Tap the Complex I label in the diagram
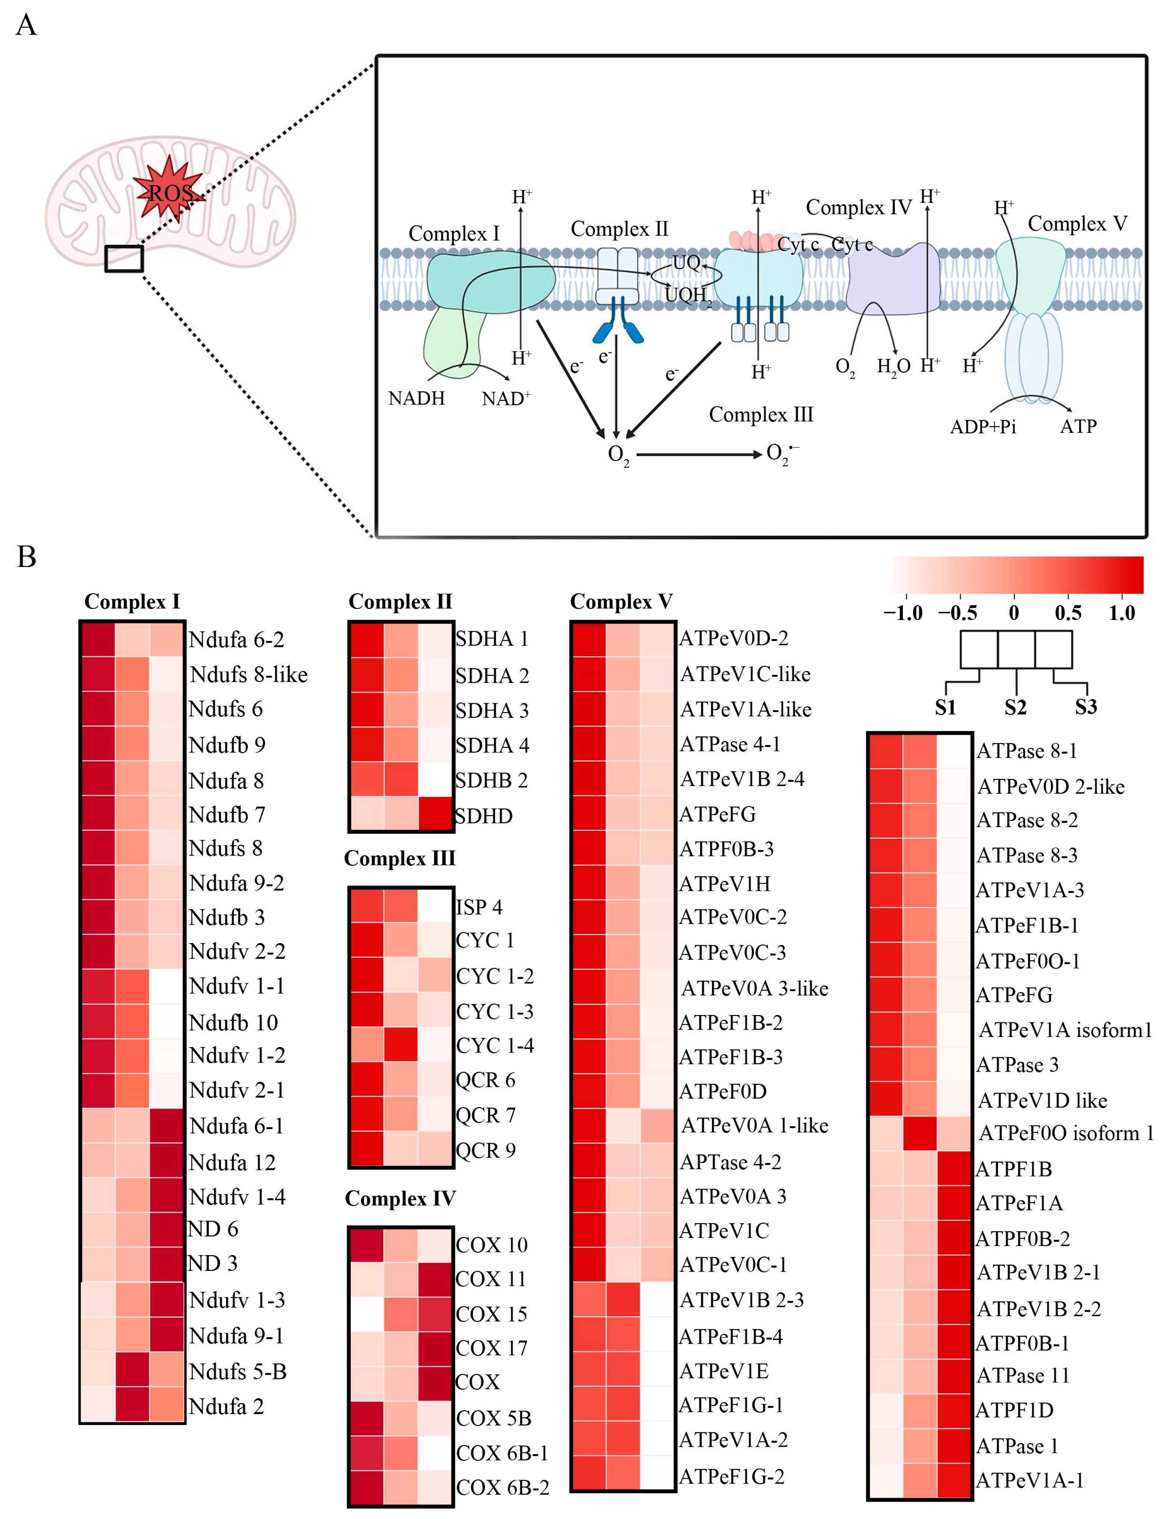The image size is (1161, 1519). tap(454, 233)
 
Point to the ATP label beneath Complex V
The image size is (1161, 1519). tap(1078, 426)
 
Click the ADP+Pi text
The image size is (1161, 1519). tap(983, 426)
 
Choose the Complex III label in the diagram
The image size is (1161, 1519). tap(761, 415)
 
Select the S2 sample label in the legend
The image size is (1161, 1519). tap(1015, 707)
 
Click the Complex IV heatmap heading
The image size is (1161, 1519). tap(400, 1198)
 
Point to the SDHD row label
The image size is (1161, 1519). tap(484, 816)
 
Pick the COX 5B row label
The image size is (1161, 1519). tap(493, 1418)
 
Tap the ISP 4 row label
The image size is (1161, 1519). tap(479, 907)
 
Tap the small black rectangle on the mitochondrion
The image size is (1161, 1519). tap(124, 258)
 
